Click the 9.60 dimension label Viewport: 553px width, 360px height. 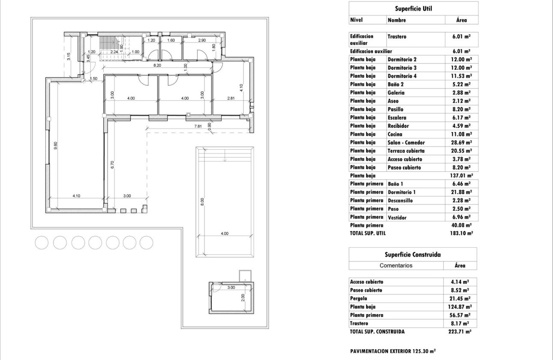coord(55,146)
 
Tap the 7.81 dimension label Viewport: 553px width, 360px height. coord(198,126)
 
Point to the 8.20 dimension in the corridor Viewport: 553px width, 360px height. coord(157,66)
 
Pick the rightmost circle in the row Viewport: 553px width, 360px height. coord(146,243)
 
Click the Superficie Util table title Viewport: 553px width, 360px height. coord(413,8)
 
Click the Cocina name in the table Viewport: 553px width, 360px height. coord(396,134)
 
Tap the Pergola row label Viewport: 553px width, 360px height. coord(359,298)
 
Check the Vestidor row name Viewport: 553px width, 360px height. coord(397,217)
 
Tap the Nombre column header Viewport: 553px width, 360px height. coord(397,20)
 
